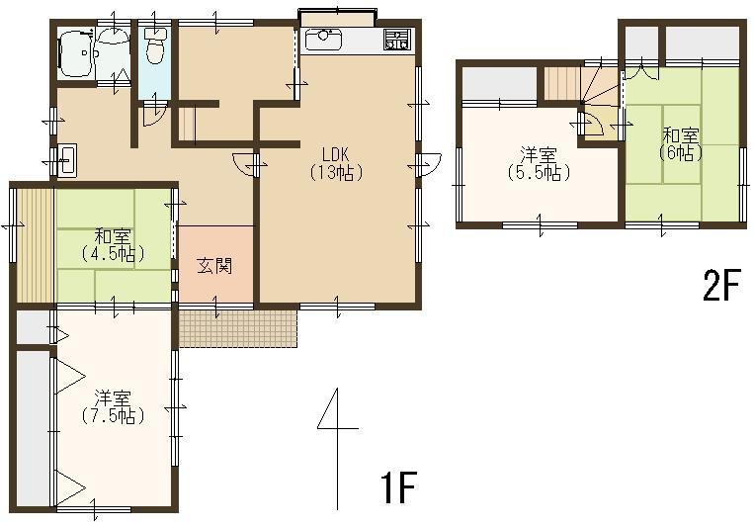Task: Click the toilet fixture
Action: [x=155, y=44]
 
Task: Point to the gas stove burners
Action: [x=396, y=41]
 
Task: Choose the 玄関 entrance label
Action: [x=213, y=265]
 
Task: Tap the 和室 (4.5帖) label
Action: [x=113, y=244]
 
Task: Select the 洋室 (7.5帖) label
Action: [x=113, y=406]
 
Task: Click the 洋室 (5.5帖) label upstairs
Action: [x=539, y=163]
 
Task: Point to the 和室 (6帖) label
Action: [x=681, y=143]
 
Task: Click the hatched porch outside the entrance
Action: [x=237, y=327]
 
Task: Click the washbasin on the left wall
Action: [x=66, y=160]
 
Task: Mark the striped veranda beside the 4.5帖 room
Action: [x=35, y=243]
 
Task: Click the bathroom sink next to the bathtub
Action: [x=114, y=38]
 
